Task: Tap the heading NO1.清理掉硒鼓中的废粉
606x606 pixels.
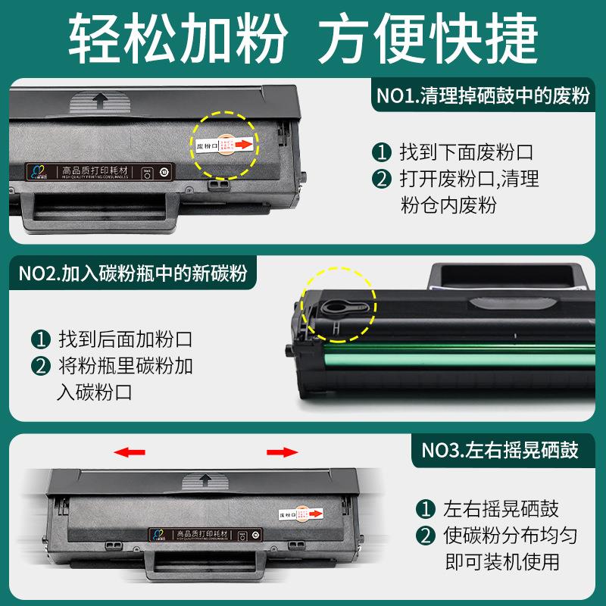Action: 483,97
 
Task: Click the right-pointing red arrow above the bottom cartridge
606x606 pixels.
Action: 282,452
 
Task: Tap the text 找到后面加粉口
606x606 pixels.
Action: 125,338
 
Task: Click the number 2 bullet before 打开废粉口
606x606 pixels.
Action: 381,180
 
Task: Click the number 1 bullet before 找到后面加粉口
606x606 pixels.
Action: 39,338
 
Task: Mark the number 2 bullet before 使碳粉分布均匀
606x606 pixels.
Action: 424,536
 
